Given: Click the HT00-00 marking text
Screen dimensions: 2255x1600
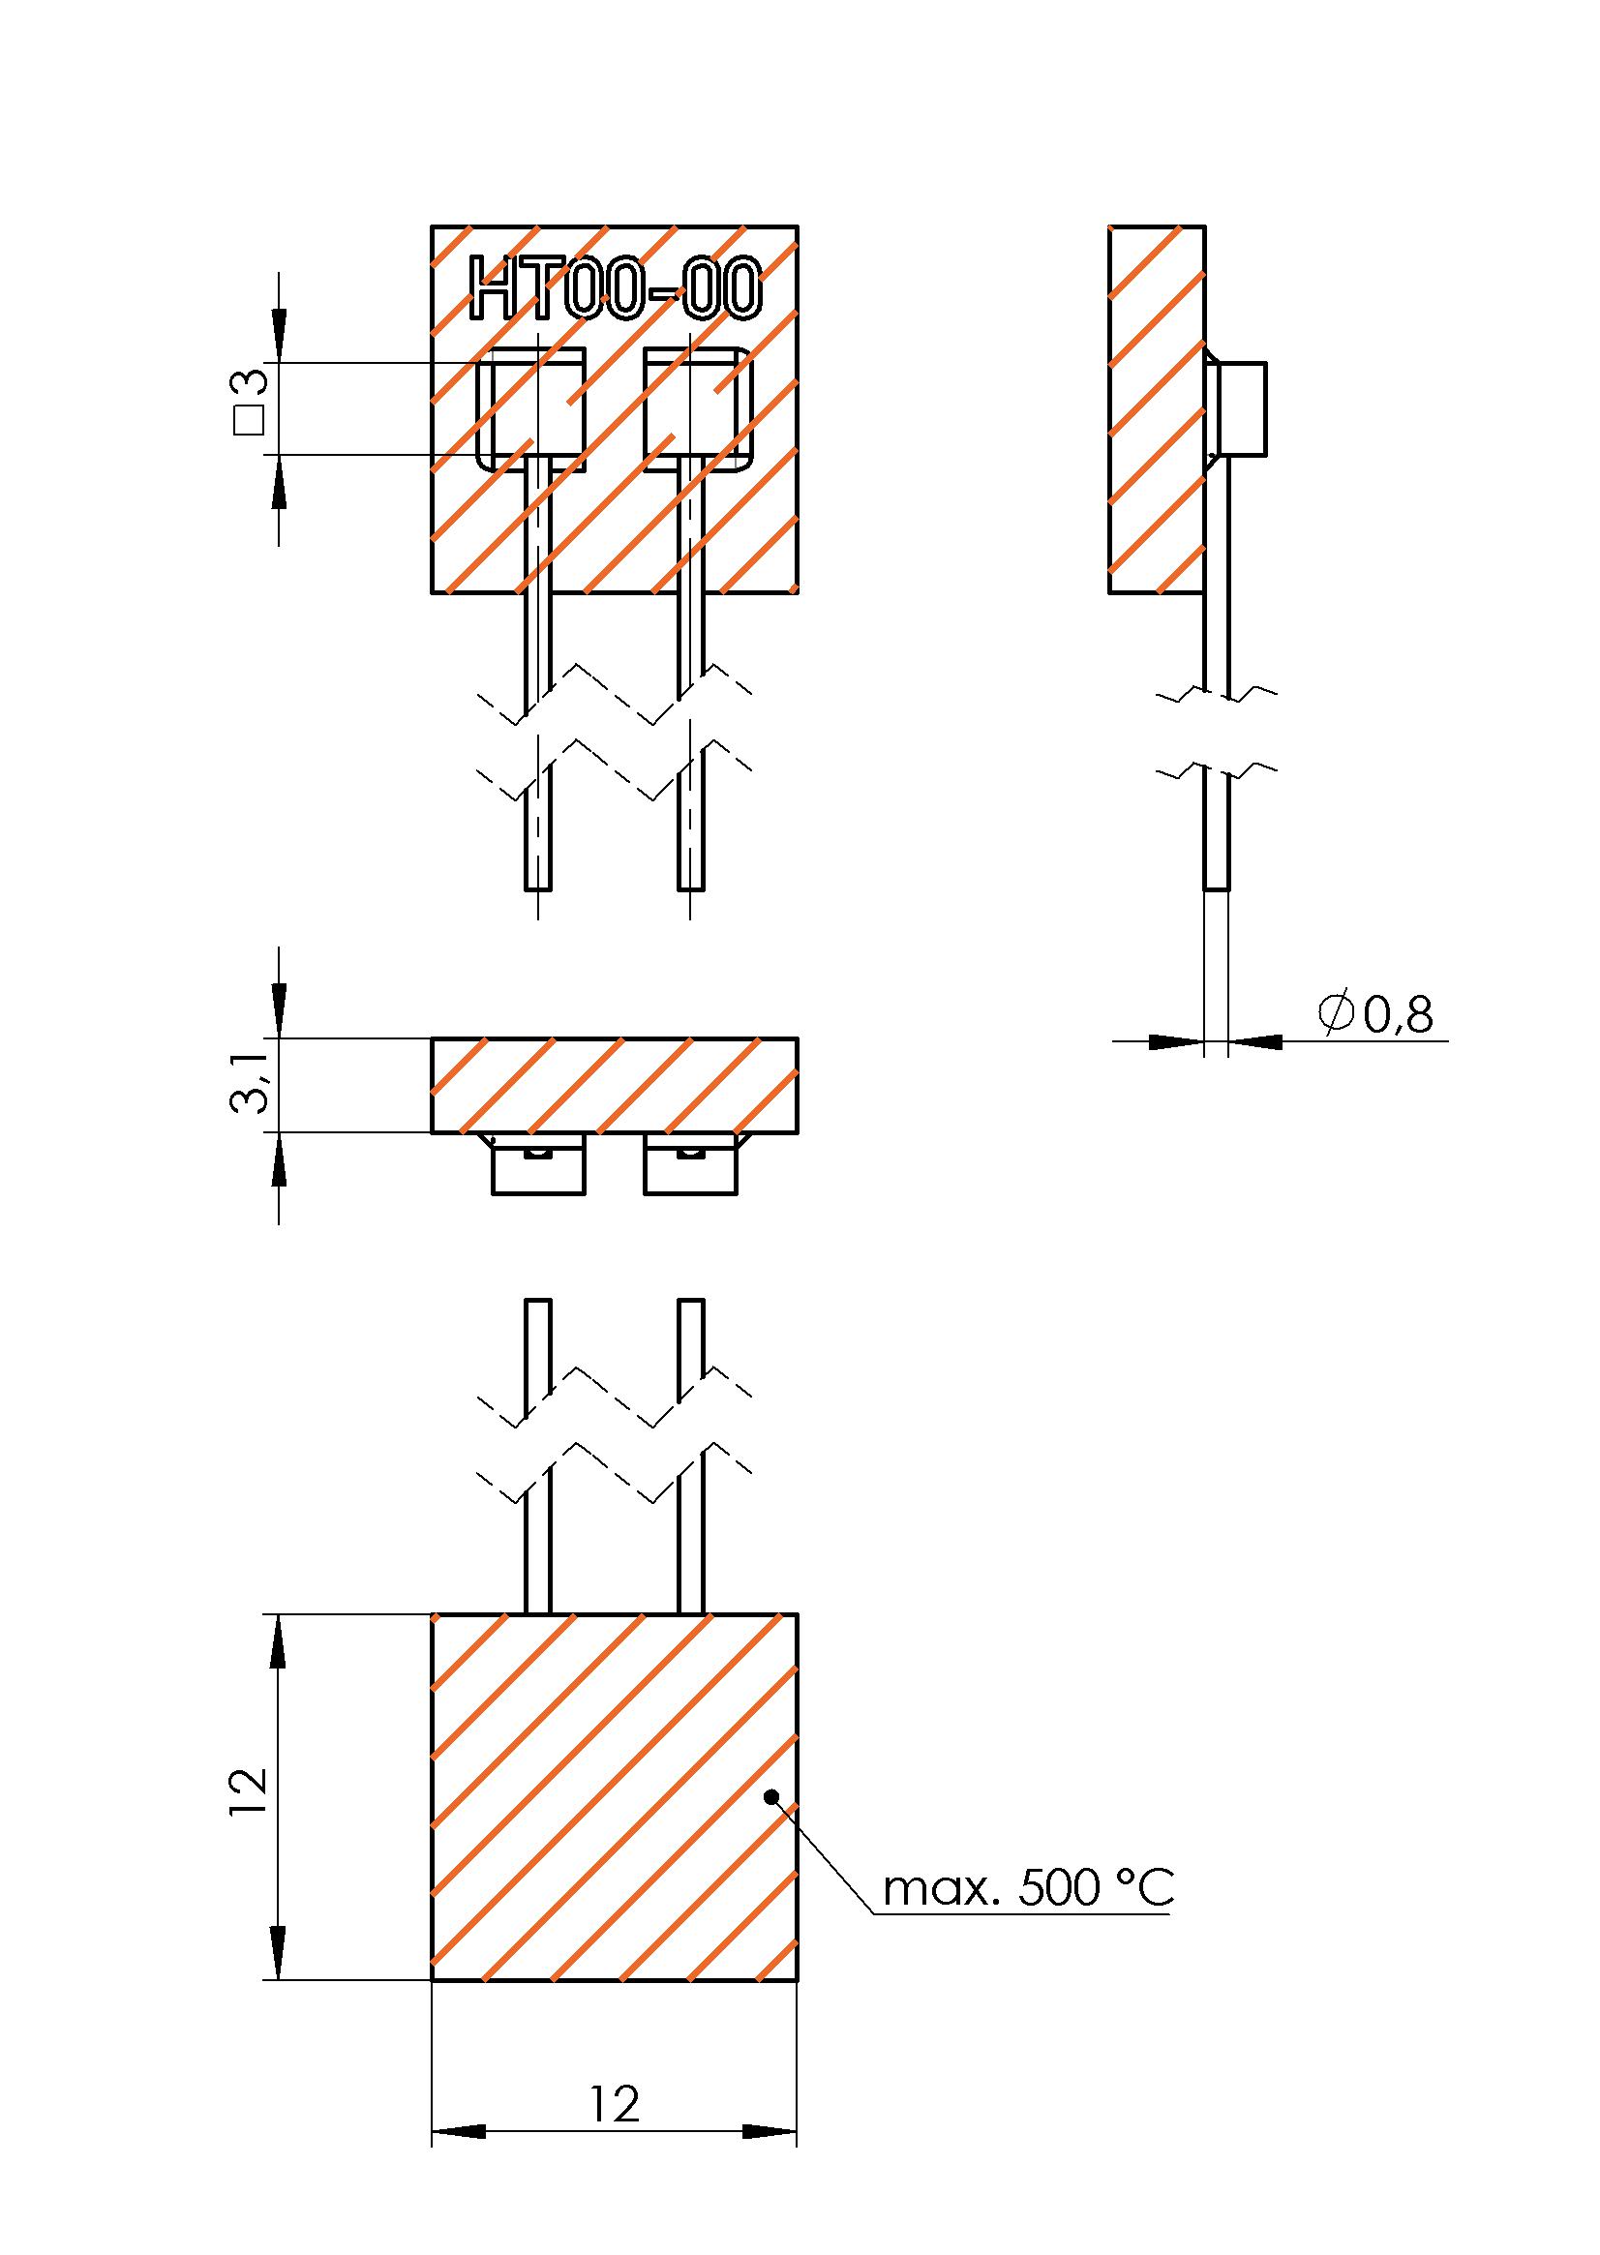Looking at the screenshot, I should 617,288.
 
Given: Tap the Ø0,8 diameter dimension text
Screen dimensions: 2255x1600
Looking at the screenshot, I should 1375,1013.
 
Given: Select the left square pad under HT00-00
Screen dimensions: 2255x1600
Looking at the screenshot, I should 532,407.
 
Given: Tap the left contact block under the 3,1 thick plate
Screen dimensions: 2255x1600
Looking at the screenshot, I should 538,1168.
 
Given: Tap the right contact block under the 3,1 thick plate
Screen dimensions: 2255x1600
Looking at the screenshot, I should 691,1168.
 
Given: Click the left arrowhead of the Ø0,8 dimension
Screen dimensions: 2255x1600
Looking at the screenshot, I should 1176,1040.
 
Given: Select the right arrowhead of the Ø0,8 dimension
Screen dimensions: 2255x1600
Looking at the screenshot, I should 1255,1040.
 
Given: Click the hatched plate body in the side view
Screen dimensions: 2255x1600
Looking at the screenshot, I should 1157,408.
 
